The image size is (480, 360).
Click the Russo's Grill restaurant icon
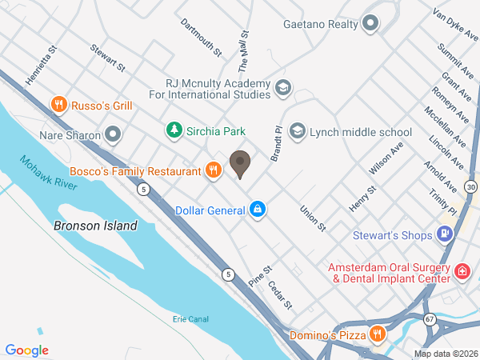click(x=58, y=105)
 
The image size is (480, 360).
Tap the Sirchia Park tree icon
click(x=173, y=130)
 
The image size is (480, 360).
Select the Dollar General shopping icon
click(x=257, y=210)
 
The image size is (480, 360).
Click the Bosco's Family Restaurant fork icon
click(x=213, y=170)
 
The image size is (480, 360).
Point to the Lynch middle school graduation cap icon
click(x=298, y=130)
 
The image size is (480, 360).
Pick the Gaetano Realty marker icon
click(x=370, y=24)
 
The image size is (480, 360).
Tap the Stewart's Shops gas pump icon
click(x=446, y=234)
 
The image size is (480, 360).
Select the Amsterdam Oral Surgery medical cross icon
click(x=462, y=273)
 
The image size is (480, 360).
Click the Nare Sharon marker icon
click(x=113, y=134)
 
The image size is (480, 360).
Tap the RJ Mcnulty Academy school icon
click(x=282, y=87)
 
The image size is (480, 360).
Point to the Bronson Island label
click(x=95, y=226)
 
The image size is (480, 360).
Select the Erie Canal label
click(x=190, y=319)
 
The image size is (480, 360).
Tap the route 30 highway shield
click(x=471, y=186)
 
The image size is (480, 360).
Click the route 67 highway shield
click(x=430, y=318)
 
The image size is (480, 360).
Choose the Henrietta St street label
click(x=42, y=66)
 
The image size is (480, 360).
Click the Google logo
click(x=27, y=350)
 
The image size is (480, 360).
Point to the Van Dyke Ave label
click(x=452, y=24)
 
